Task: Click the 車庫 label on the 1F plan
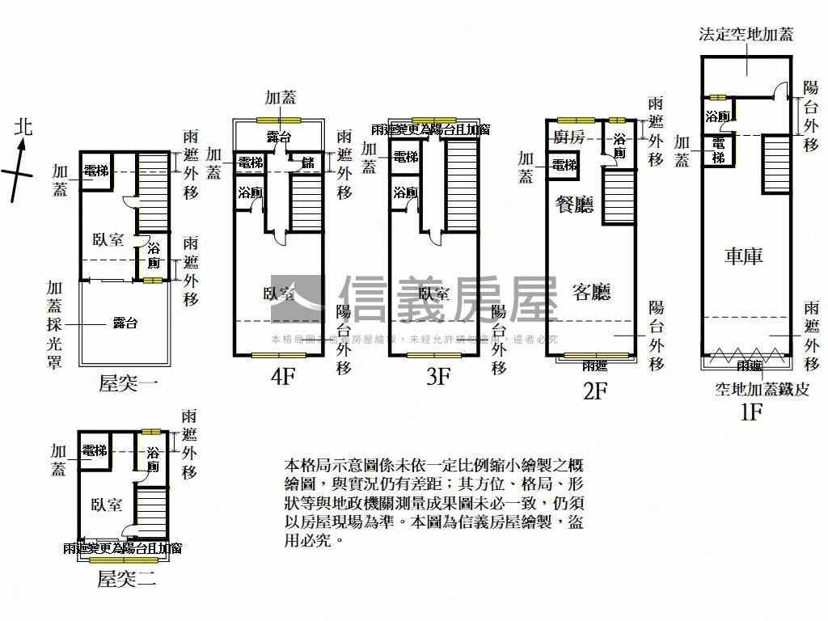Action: [743, 257]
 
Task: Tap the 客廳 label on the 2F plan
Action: [590, 292]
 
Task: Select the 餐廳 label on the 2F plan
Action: [573, 205]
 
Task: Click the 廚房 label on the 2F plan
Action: [569, 137]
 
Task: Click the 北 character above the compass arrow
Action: [23, 127]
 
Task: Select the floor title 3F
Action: [438, 378]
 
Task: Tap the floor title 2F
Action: [595, 391]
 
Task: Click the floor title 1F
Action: [751, 412]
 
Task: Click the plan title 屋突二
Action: [126, 579]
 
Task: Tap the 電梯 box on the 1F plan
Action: [718, 150]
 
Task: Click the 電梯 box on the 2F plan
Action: [564, 166]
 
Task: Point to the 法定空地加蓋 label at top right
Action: [746, 35]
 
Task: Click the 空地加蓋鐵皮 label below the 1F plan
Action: [762, 389]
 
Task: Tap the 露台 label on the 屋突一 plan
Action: [125, 323]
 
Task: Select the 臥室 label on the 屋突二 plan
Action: [108, 505]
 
